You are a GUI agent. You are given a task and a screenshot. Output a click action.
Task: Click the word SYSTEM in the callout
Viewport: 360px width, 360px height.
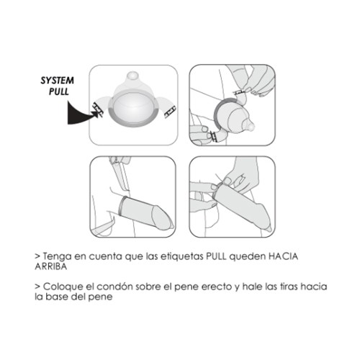click(57, 81)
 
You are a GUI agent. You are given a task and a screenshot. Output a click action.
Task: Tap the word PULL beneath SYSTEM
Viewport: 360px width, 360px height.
click(58, 91)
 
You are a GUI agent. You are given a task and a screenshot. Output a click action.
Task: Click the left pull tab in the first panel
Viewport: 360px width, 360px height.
click(98, 109)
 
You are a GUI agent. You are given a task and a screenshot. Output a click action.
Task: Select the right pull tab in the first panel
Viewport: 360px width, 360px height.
click(170, 112)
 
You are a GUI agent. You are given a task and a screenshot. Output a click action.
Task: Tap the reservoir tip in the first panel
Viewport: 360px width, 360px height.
click(132, 76)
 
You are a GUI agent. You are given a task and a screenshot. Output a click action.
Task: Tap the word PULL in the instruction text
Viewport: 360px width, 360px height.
click(216, 256)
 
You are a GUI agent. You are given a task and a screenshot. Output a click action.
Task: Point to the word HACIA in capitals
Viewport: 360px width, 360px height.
click(283, 256)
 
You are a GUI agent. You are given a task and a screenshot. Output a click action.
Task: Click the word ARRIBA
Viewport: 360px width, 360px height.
click(51, 266)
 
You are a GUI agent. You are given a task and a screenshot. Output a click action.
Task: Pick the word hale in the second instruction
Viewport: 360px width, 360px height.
click(252, 287)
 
